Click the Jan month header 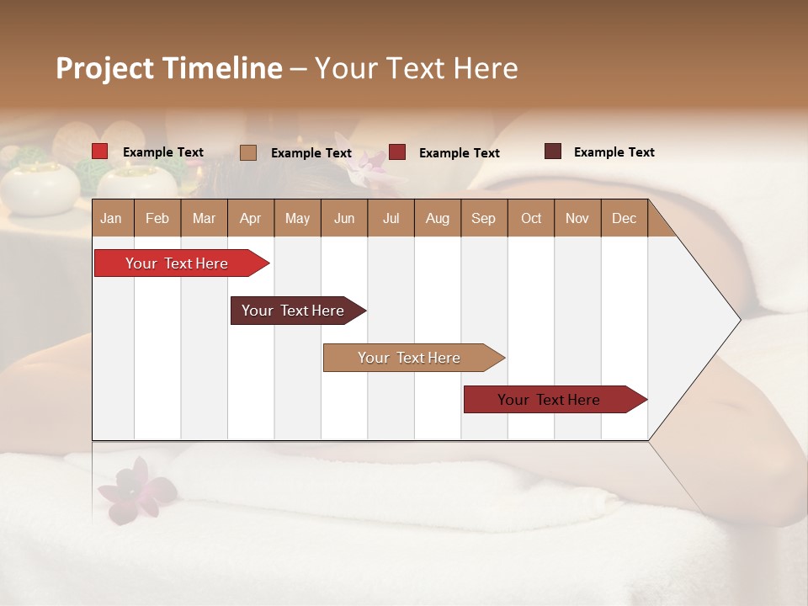(111, 218)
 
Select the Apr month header (250, 218)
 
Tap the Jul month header (391, 218)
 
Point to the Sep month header (483, 218)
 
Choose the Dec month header (624, 218)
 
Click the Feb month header (157, 218)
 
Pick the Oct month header (531, 218)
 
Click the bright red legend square (100, 151)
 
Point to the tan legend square (248, 152)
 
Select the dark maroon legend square (553, 151)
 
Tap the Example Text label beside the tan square (311, 153)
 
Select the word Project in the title (104, 68)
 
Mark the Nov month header (577, 218)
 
